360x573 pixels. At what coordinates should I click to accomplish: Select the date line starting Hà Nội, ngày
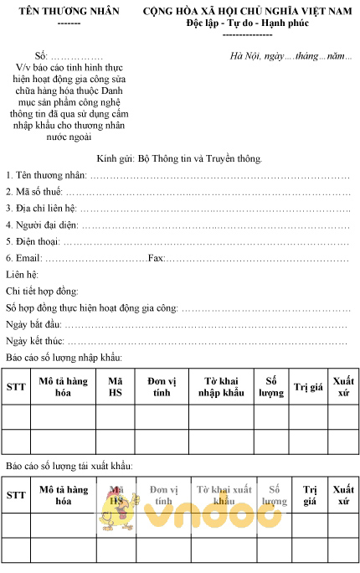click(291, 56)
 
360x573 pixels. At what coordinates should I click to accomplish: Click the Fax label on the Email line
click(156, 258)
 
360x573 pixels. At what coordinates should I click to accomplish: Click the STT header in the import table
click(16, 387)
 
